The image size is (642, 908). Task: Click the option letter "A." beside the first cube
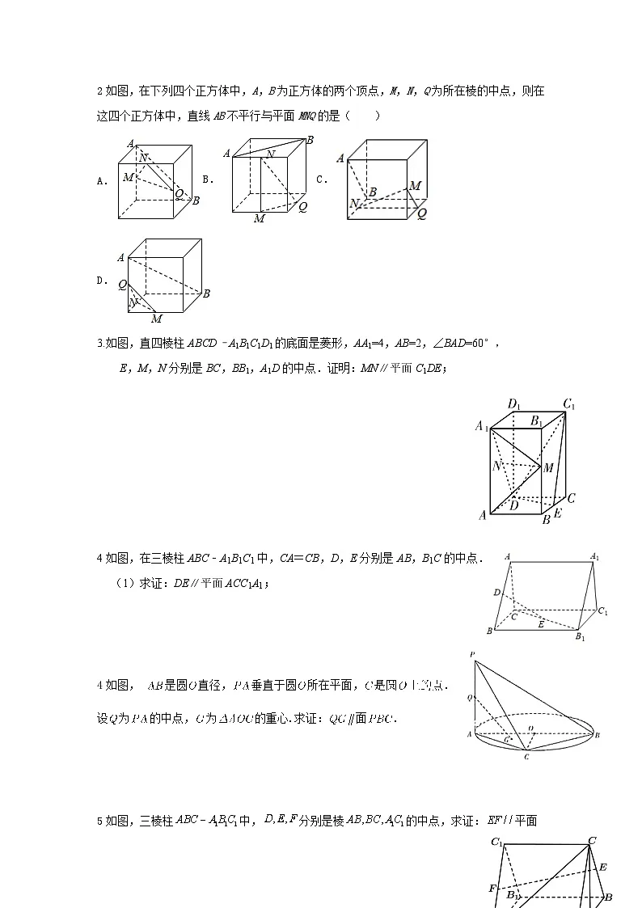(102, 182)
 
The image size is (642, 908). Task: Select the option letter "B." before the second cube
(207, 179)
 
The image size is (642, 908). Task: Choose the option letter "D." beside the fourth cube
(102, 281)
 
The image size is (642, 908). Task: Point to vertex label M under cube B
(259, 218)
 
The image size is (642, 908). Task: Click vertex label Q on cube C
(421, 213)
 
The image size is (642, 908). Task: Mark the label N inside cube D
(135, 302)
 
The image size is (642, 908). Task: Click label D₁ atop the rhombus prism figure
(513, 403)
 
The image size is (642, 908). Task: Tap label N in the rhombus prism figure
(496, 466)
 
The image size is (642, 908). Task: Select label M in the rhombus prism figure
(548, 467)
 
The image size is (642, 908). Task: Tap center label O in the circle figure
(530, 729)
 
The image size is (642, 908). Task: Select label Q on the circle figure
(469, 696)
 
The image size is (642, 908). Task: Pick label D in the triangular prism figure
(496, 593)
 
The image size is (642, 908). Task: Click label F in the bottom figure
(492, 889)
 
